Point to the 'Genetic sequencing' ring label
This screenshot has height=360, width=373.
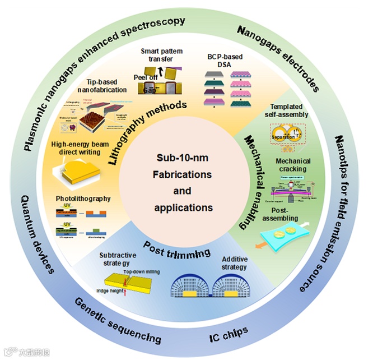point(115,324)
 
